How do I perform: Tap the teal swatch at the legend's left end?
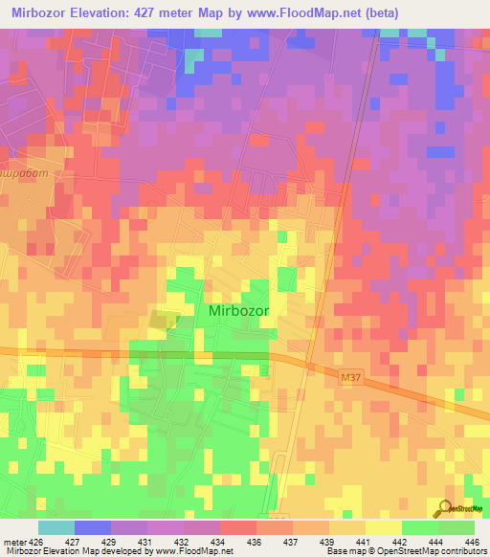point(56,527)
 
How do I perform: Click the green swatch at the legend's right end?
point(457,527)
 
